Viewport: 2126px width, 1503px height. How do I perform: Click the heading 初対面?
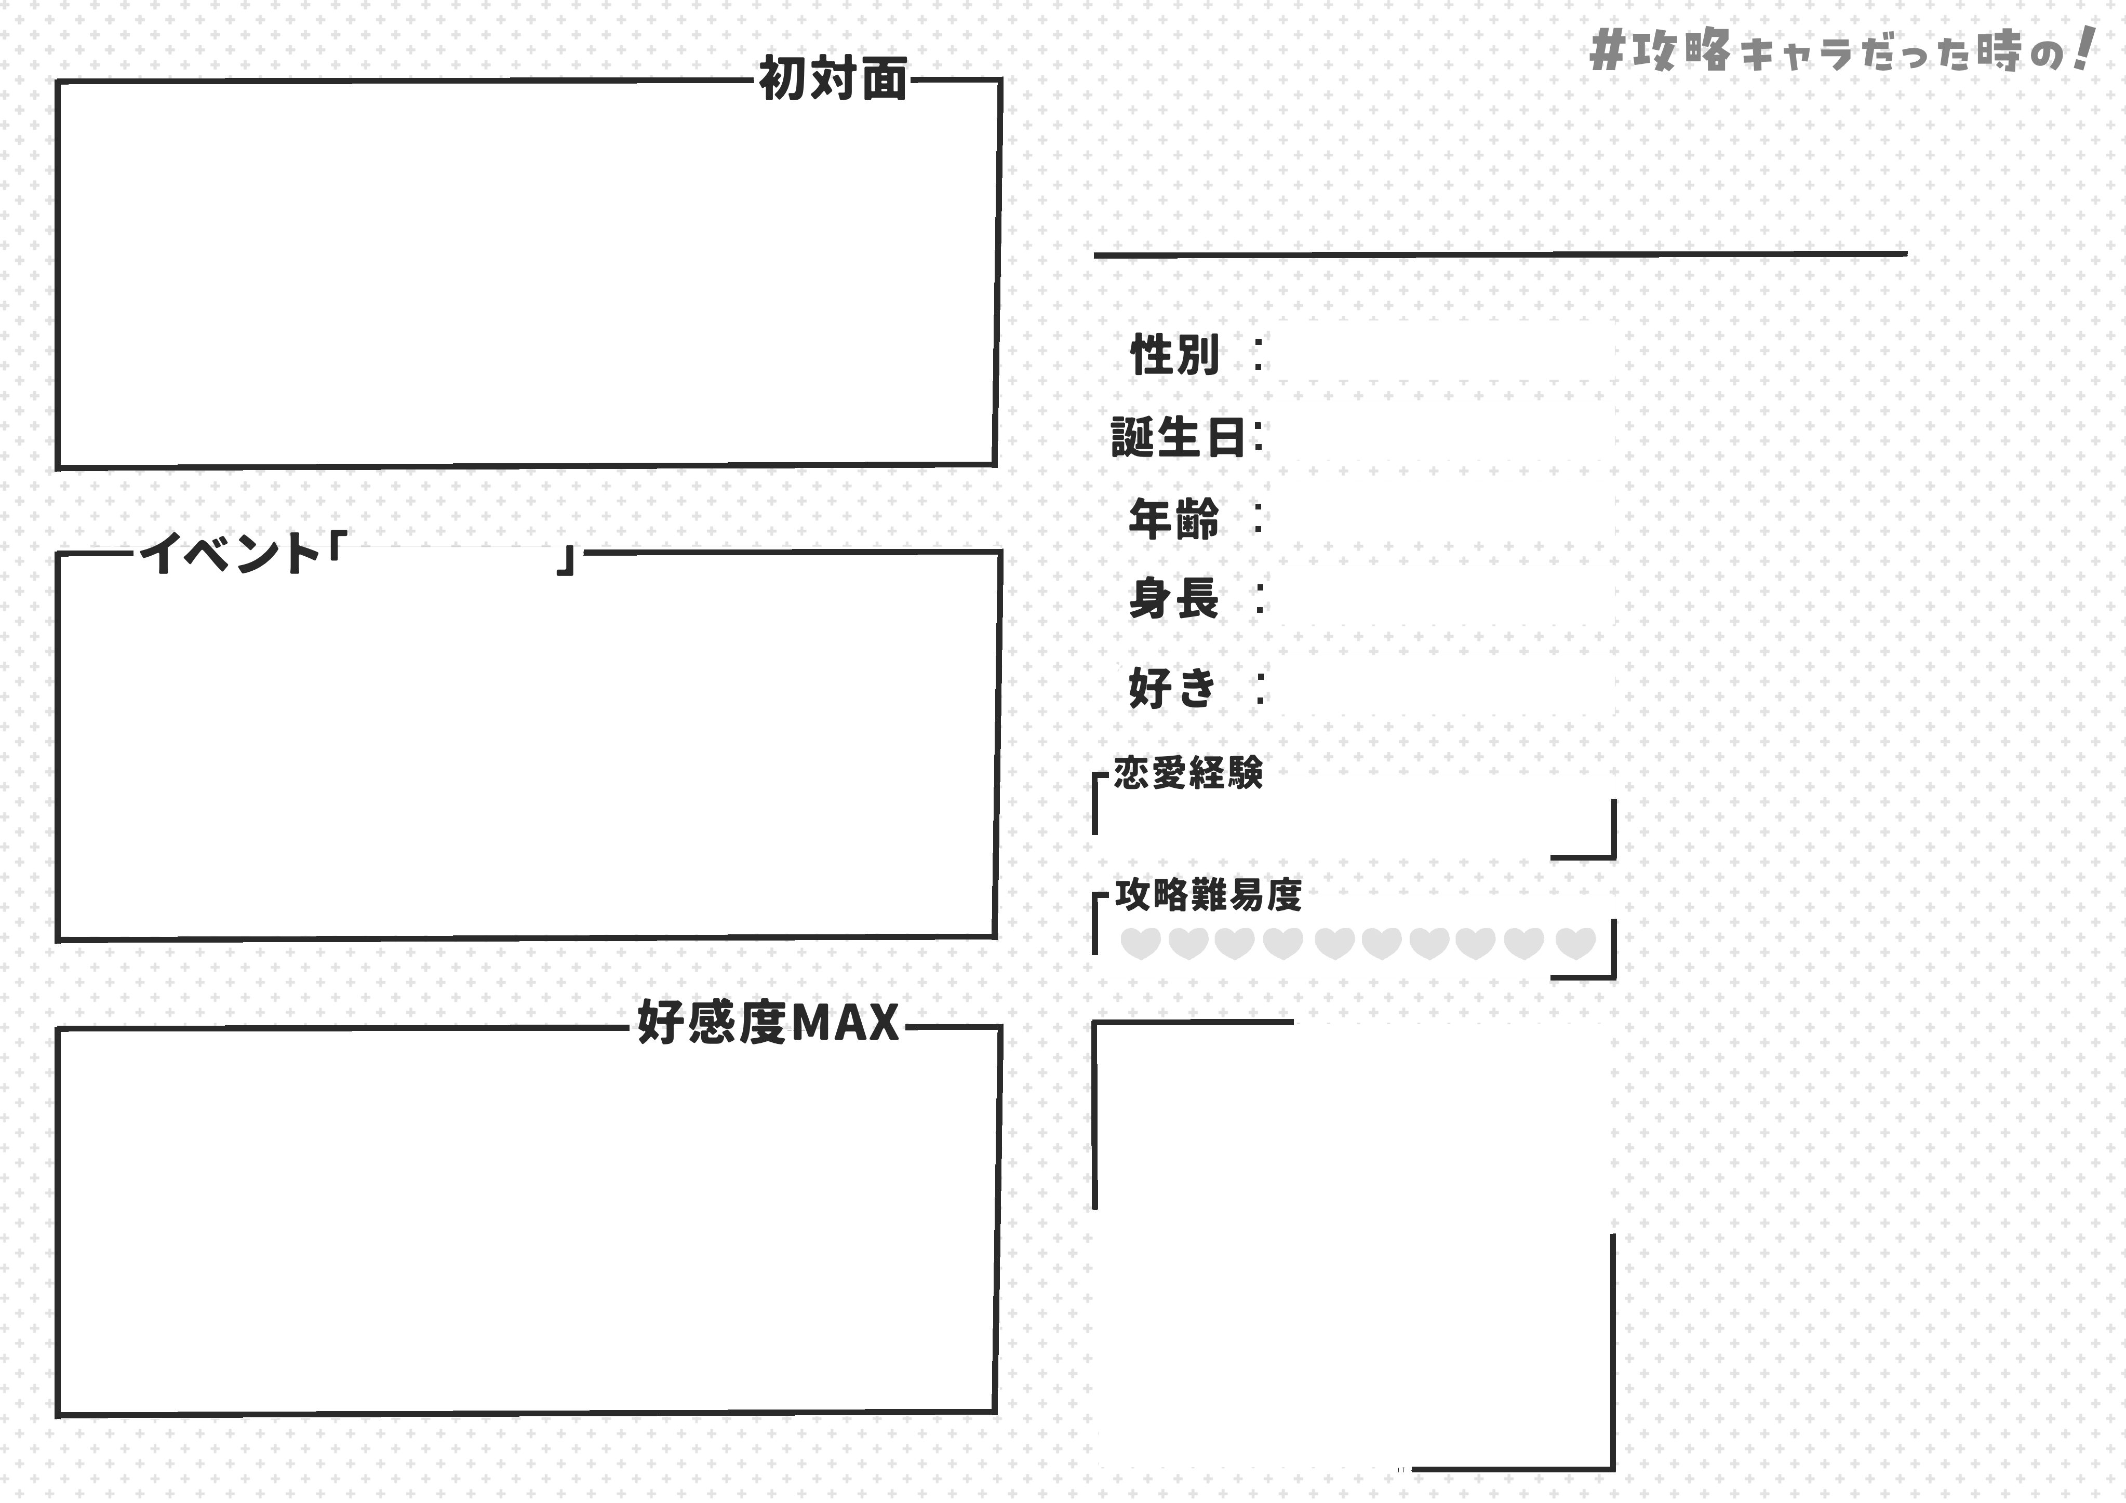point(833,79)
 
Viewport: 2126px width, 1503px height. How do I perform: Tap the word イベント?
point(229,553)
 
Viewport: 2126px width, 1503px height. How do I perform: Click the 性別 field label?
point(1174,355)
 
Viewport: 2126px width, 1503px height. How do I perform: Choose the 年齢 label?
point(1174,519)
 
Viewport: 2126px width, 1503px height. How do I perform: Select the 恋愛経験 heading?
point(1188,772)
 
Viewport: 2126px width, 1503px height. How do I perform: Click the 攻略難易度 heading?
point(1208,894)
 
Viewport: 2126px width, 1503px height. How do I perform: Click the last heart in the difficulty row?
point(1575,944)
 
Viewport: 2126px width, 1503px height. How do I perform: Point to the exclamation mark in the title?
point(2083,48)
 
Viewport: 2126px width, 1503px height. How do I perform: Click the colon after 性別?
point(1258,355)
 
